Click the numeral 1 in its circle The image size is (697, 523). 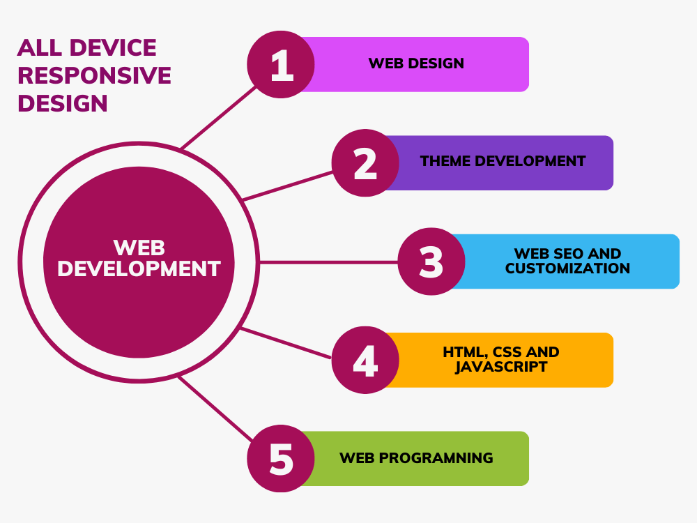tap(282, 65)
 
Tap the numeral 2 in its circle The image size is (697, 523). tap(365, 163)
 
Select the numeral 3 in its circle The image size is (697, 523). tap(431, 262)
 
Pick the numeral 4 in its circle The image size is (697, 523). tap(365, 361)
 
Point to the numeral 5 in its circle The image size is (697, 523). tap(282, 459)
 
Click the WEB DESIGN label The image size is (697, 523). tap(416, 63)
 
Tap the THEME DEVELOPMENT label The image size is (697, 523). tap(503, 161)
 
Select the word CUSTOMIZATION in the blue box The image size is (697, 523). tap(567, 268)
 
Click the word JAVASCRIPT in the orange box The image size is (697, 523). tap(501, 367)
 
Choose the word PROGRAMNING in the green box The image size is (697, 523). tap(436, 458)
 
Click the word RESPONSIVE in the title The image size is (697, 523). tap(94, 75)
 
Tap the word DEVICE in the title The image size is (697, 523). tap(113, 47)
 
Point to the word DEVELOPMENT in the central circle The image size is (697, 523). tap(139, 268)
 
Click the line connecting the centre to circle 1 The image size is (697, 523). tap(219, 117)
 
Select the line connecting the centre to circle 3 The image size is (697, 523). tap(328, 262)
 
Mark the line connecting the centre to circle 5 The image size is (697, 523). tap(215, 409)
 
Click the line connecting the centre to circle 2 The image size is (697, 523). tap(288, 186)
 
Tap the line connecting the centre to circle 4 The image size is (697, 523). tap(286, 343)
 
